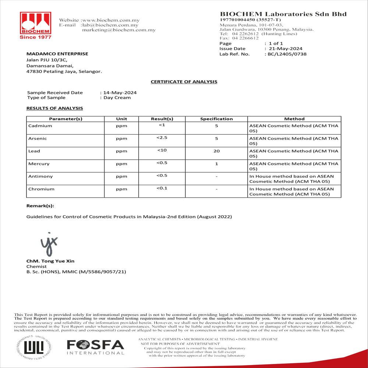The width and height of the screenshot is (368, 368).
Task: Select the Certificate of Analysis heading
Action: [184, 82]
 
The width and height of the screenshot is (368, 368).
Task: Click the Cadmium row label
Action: [40, 126]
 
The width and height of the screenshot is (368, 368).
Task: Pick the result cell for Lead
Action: [162, 150]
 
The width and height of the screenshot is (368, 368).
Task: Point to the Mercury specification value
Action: [216, 164]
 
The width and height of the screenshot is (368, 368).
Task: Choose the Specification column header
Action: [216, 119]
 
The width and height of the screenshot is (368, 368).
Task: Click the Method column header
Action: [294, 119]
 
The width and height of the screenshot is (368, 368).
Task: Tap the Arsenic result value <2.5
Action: [162, 137]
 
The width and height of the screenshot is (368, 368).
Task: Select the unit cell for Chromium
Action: [121, 189]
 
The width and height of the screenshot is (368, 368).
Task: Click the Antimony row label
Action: [40, 176]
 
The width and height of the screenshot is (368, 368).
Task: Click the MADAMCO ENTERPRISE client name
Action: [57, 54]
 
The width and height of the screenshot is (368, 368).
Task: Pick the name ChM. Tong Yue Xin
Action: [50, 261]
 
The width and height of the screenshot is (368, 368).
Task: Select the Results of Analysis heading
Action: [54, 108]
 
